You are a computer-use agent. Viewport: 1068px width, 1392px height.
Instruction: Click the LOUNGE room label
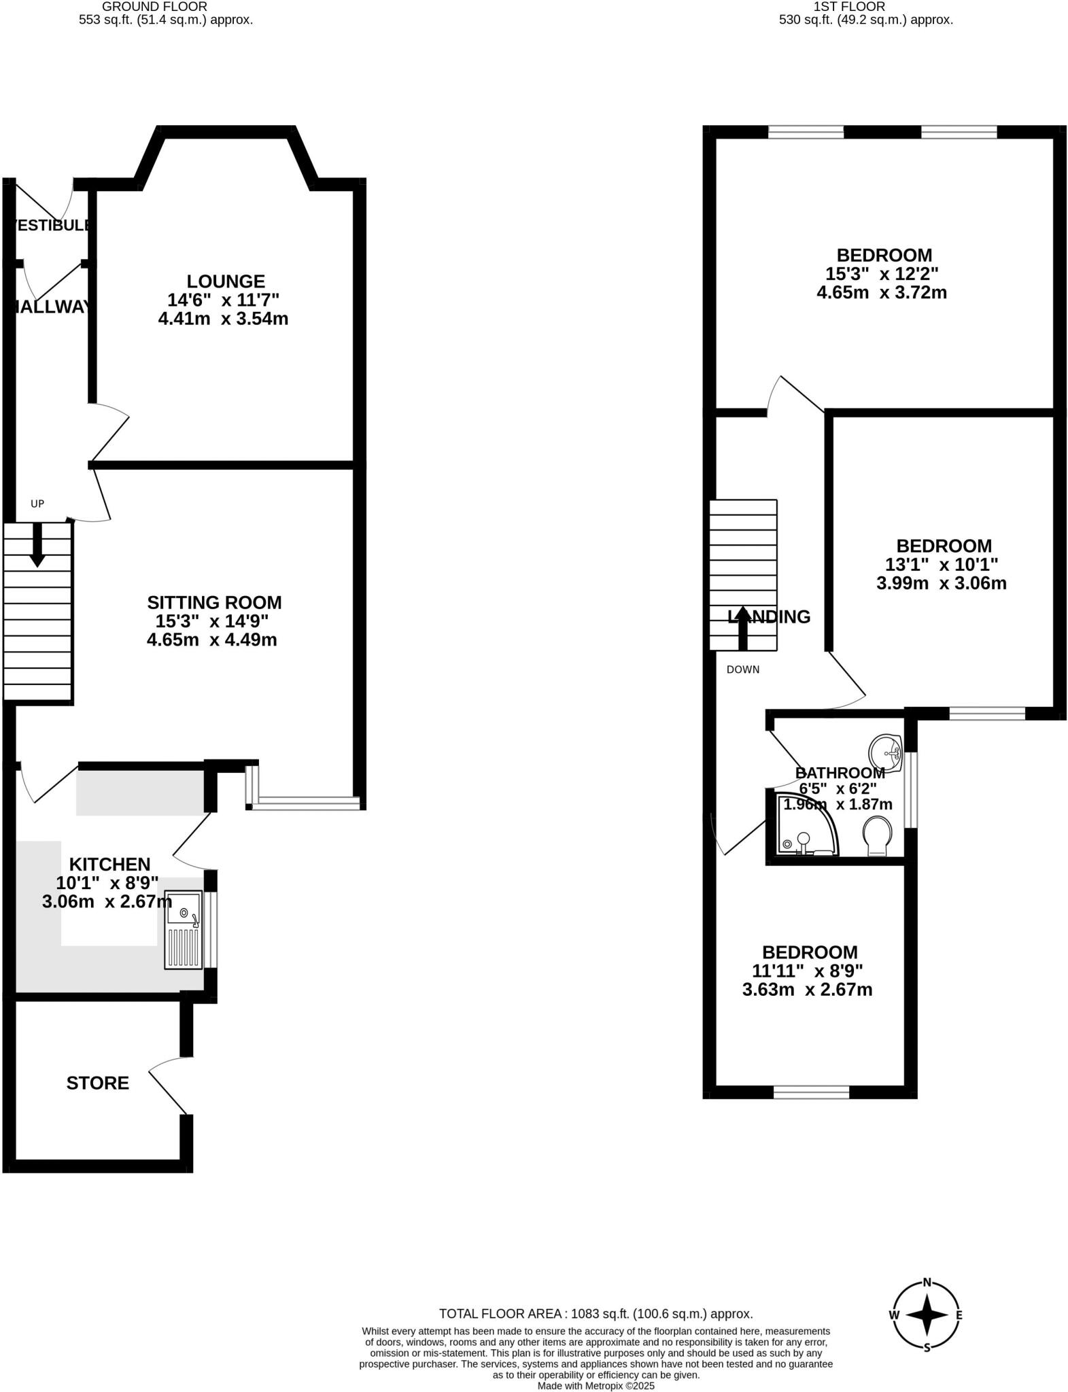coord(226,281)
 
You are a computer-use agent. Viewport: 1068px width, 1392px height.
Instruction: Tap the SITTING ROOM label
coord(214,602)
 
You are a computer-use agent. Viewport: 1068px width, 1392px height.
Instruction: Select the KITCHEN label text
coord(109,864)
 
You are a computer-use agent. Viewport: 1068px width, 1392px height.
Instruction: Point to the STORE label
coord(97,1083)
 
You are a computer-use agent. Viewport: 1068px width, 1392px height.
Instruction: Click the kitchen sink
coord(183,928)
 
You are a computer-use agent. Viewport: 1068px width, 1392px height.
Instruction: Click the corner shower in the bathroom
coord(802,826)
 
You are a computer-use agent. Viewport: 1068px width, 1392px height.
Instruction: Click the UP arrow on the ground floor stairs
coord(37,544)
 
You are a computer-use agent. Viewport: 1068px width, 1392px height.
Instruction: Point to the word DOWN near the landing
coord(743,669)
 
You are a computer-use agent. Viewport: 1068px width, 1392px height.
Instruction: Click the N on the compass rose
coord(927,1283)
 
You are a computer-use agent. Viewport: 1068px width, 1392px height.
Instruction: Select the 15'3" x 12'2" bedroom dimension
coord(882,274)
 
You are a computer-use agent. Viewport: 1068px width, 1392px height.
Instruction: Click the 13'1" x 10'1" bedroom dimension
coord(942,564)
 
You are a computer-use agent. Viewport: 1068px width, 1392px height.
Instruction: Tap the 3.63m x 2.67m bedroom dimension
coord(807,990)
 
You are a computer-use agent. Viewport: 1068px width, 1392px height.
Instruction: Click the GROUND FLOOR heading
coord(154,7)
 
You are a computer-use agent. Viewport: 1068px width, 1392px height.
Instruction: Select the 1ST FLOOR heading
coord(849,7)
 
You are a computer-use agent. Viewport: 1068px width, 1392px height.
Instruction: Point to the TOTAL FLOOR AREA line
coord(596,1314)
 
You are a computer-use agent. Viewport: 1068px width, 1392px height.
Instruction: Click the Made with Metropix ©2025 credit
coord(596,1385)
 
